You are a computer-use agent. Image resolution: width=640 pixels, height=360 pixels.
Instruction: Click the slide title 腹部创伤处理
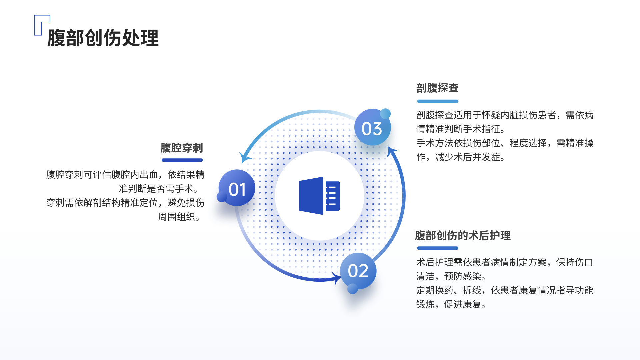point(103,38)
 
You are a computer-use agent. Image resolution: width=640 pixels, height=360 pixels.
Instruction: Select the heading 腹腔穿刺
point(182,148)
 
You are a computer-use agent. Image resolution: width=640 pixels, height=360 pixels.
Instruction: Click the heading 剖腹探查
point(437,88)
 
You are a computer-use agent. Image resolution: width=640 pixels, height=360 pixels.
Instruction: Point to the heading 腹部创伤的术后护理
point(463,235)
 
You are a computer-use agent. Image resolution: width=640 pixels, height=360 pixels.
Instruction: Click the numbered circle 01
point(237,188)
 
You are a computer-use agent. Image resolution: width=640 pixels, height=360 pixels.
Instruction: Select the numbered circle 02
point(358,271)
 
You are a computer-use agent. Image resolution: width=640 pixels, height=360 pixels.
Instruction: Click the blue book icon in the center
point(319,196)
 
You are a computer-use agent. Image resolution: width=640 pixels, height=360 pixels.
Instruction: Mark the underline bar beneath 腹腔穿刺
point(182,160)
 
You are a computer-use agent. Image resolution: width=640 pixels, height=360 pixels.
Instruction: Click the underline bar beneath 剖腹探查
point(438,101)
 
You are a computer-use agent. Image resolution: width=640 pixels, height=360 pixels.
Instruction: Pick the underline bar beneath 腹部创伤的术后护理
point(438,248)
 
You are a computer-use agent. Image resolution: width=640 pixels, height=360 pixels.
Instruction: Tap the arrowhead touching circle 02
point(337,278)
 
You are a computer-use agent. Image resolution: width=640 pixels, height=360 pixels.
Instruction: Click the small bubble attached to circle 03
point(385,114)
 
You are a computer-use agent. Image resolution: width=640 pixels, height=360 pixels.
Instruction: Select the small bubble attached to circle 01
point(222,197)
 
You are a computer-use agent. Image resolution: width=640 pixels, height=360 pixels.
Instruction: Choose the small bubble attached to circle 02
point(353,289)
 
